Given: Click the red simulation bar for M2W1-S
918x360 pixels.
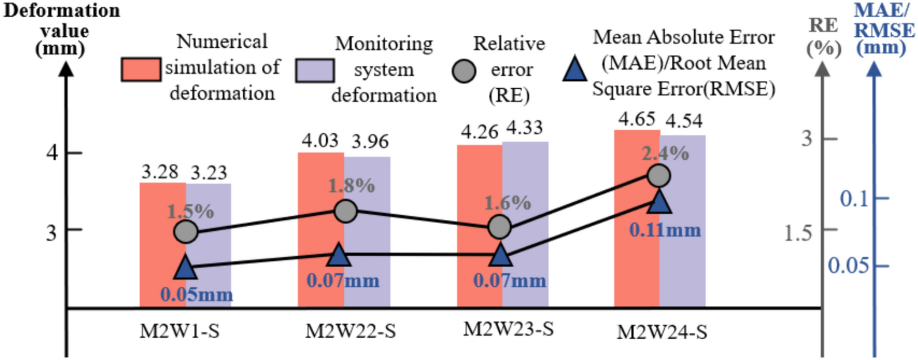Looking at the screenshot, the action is (x=163, y=245).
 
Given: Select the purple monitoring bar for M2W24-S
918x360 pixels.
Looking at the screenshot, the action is (x=682, y=221).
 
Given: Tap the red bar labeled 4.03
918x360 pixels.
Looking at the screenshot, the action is (x=321, y=230).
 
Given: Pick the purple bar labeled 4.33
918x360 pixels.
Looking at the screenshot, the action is (x=525, y=224).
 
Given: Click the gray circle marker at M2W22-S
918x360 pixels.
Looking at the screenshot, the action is (x=346, y=211).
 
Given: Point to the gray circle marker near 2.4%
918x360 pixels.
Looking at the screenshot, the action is (x=659, y=175).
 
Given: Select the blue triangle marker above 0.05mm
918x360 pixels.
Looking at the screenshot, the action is (x=186, y=267).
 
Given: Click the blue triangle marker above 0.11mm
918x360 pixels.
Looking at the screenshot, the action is (x=660, y=201).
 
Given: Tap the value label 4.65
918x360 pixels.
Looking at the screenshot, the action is (x=637, y=119).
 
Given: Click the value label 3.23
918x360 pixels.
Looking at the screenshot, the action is (x=209, y=172).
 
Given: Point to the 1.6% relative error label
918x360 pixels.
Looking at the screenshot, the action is (x=507, y=203).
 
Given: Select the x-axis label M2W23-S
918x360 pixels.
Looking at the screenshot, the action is (x=509, y=329).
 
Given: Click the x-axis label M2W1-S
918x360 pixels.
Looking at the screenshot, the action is (x=179, y=331).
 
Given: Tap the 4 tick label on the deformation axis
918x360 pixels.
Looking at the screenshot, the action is (x=52, y=153).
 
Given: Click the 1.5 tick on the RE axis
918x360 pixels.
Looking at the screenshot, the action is (x=797, y=233).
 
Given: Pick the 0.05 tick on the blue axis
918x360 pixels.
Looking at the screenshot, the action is (x=848, y=266).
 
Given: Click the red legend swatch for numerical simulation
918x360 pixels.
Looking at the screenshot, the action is (x=141, y=69).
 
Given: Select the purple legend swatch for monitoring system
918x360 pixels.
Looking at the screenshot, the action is (x=315, y=70).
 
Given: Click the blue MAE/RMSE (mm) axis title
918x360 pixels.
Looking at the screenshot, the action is (x=885, y=29).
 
